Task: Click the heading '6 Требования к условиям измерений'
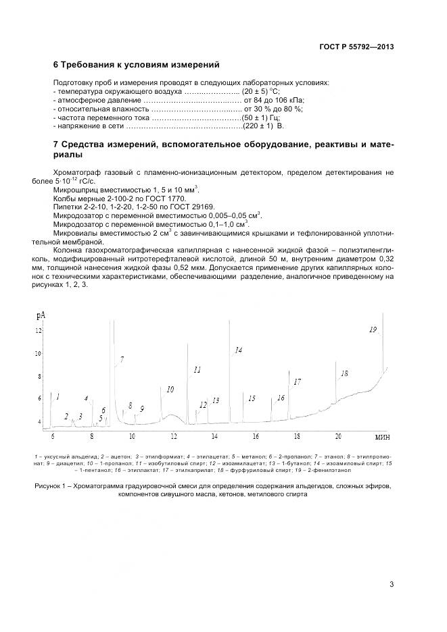pos(136,65)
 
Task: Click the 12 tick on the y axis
pos(39,330)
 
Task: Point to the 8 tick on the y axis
pos(39,376)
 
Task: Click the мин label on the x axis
pos(382,437)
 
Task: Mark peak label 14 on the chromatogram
pos(238,350)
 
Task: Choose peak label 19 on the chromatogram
pos(373,330)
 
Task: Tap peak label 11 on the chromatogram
pos(197,370)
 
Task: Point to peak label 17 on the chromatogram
pos(297,382)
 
